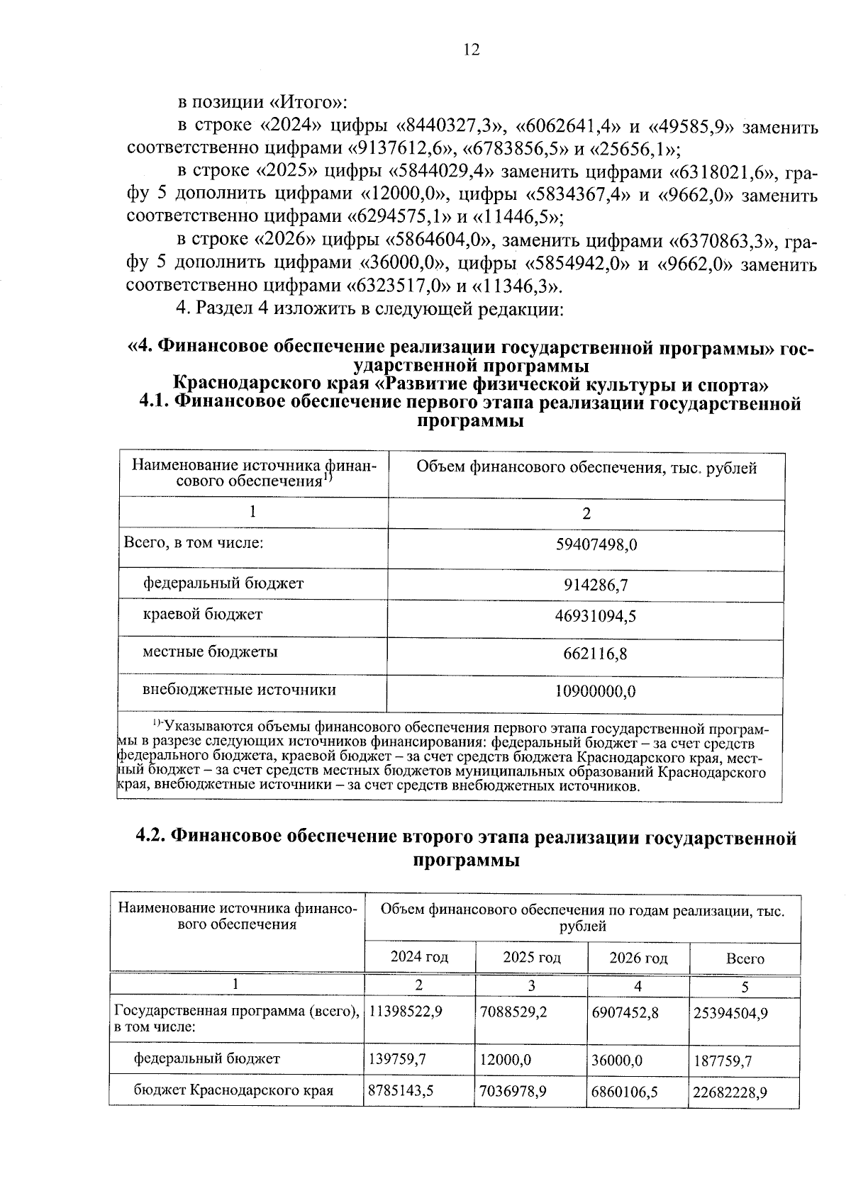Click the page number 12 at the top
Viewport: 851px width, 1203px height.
(x=471, y=50)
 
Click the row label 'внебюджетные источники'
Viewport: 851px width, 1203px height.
(x=239, y=690)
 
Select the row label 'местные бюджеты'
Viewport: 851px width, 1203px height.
(x=210, y=651)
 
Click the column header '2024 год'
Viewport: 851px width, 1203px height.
(x=419, y=957)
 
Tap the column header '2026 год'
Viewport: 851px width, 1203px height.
(x=638, y=958)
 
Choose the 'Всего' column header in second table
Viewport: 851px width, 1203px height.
(x=745, y=959)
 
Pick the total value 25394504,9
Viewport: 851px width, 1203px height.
(x=730, y=1014)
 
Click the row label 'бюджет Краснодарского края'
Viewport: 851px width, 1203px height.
(x=234, y=1090)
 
